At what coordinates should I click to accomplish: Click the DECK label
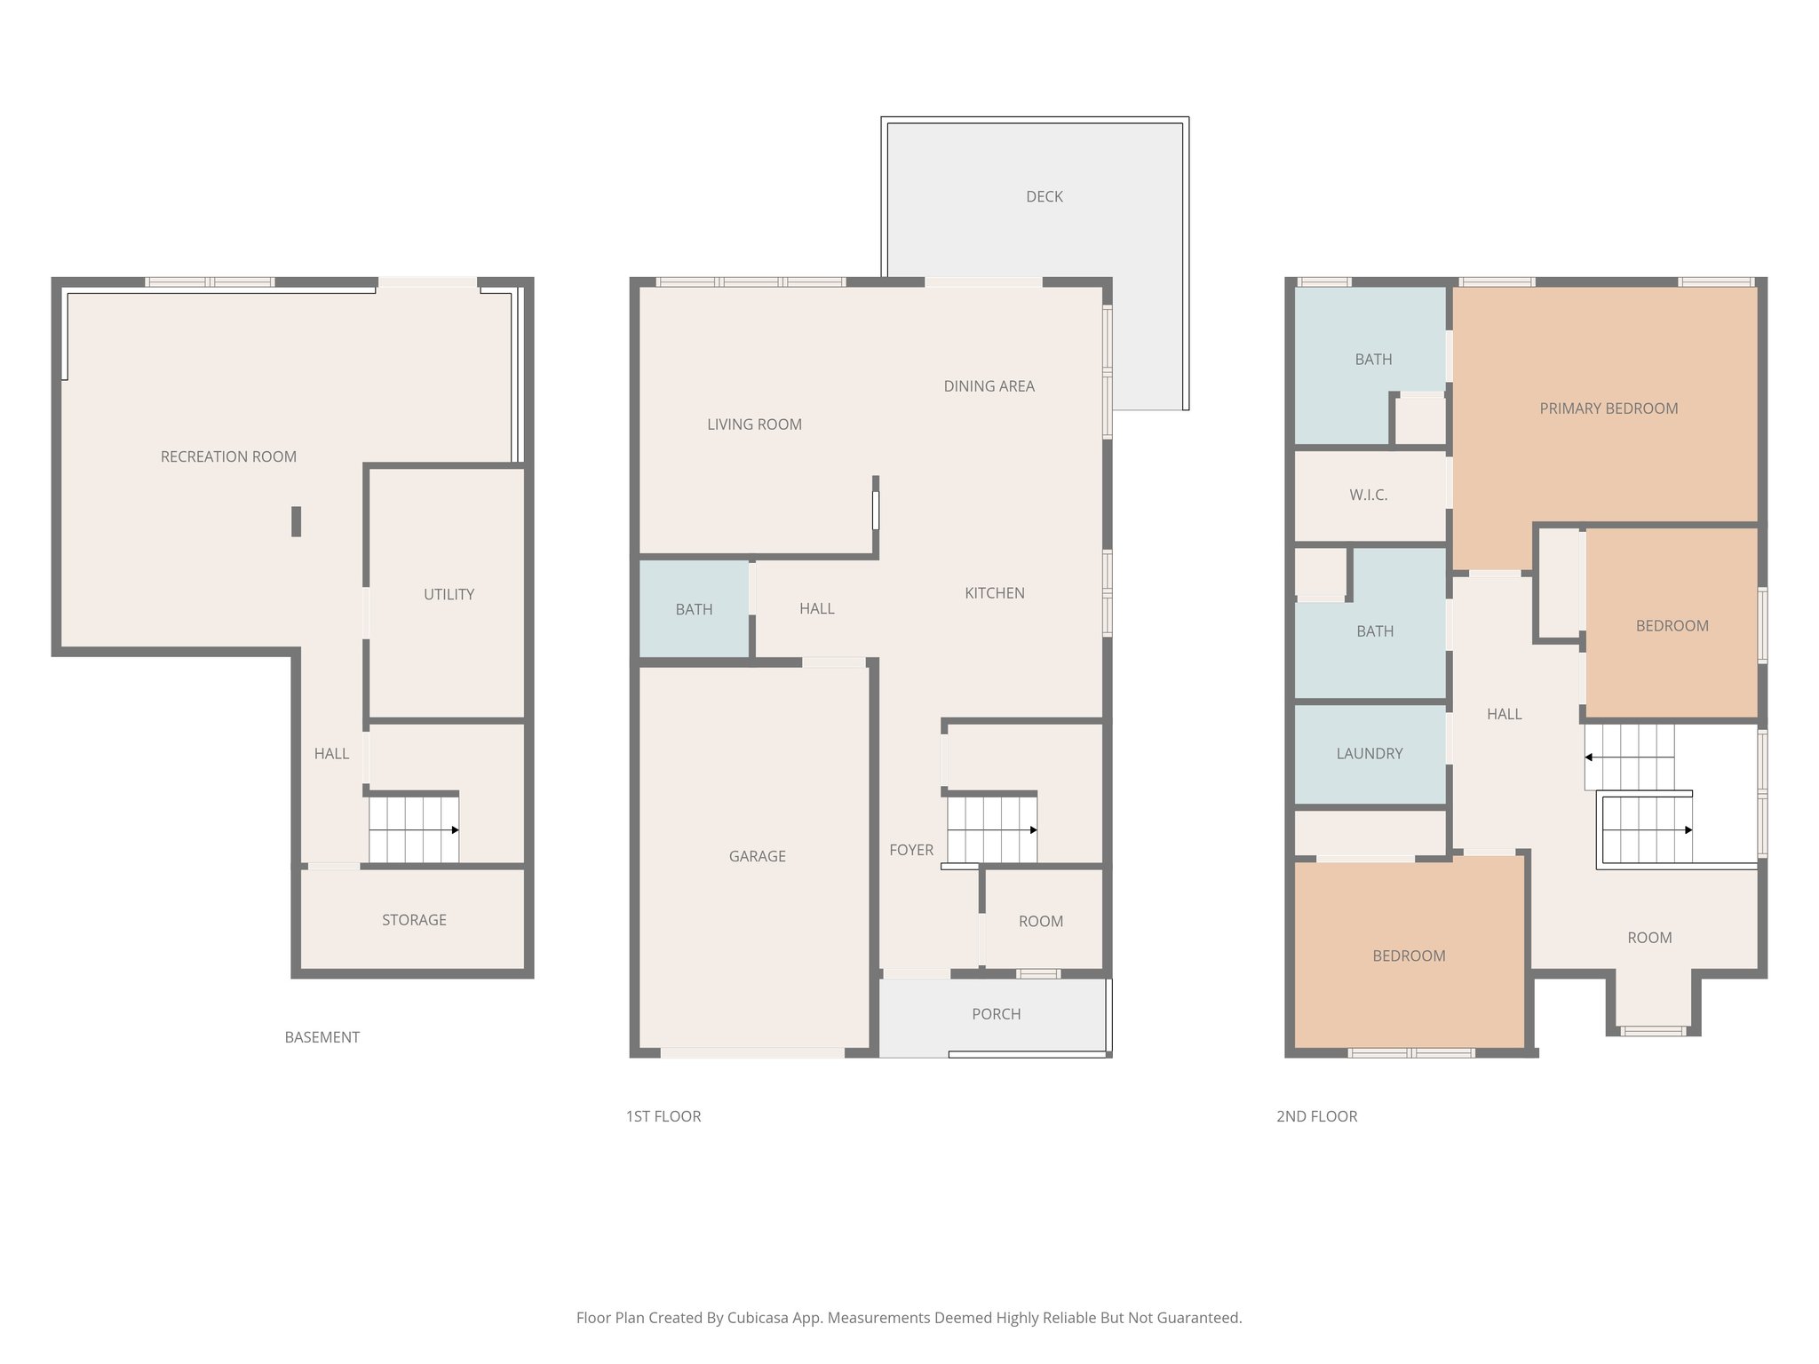[1044, 196]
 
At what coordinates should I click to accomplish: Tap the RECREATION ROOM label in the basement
[228, 456]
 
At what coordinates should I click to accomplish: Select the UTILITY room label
[449, 594]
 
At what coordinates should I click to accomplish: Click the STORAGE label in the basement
[414, 920]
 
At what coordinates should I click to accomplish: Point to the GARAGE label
[757, 856]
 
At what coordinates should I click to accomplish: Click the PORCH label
[996, 1014]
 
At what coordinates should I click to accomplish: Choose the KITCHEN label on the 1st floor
[994, 593]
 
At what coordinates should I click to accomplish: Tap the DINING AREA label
[989, 386]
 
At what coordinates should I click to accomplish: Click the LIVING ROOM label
[754, 424]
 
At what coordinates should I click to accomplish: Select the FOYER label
[911, 850]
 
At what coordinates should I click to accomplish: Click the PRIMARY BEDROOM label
[1608, 408]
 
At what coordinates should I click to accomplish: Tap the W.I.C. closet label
[1368, 495]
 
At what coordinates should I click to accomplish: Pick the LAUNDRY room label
[1369, 753]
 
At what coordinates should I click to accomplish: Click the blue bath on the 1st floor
[694, 609]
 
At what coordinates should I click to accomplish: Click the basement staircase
[414, 829]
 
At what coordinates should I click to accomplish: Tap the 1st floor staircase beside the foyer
[991, 829]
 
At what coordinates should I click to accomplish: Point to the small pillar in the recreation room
[296, 521]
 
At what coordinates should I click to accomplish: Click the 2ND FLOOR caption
[1316, 1116]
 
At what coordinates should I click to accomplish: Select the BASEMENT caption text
[322, 1037]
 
